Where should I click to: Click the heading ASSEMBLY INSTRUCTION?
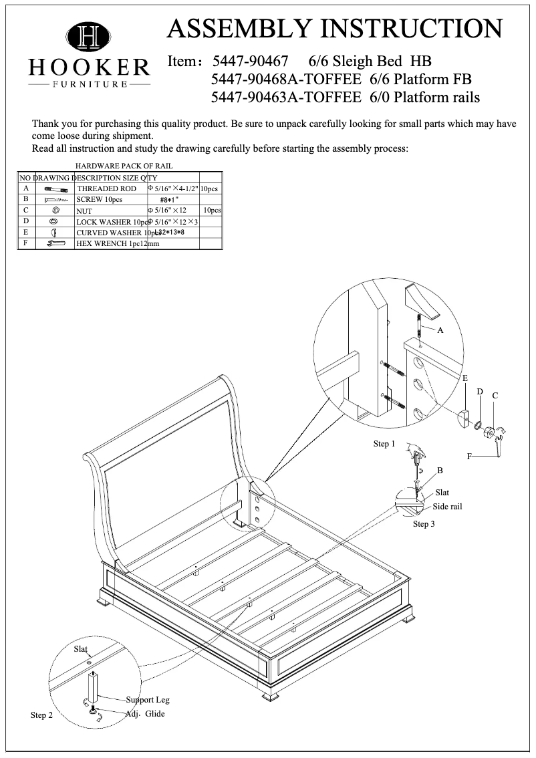tap(334, 29)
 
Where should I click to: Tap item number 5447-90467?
tap(250, 62)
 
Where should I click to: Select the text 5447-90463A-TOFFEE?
tap(286, 98)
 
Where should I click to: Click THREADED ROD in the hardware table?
tap(106, 189)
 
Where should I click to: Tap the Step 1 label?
tap(384, 444)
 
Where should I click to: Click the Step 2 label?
tap(41, 715)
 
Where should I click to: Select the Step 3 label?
tap(424, 524)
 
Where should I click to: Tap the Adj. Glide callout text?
tap(145, 714)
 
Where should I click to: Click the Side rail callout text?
tap(447, 507)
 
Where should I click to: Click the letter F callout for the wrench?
tap(469, 456)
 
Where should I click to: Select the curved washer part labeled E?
tap(464, 420)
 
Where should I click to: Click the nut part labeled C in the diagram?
tap(489, 433)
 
